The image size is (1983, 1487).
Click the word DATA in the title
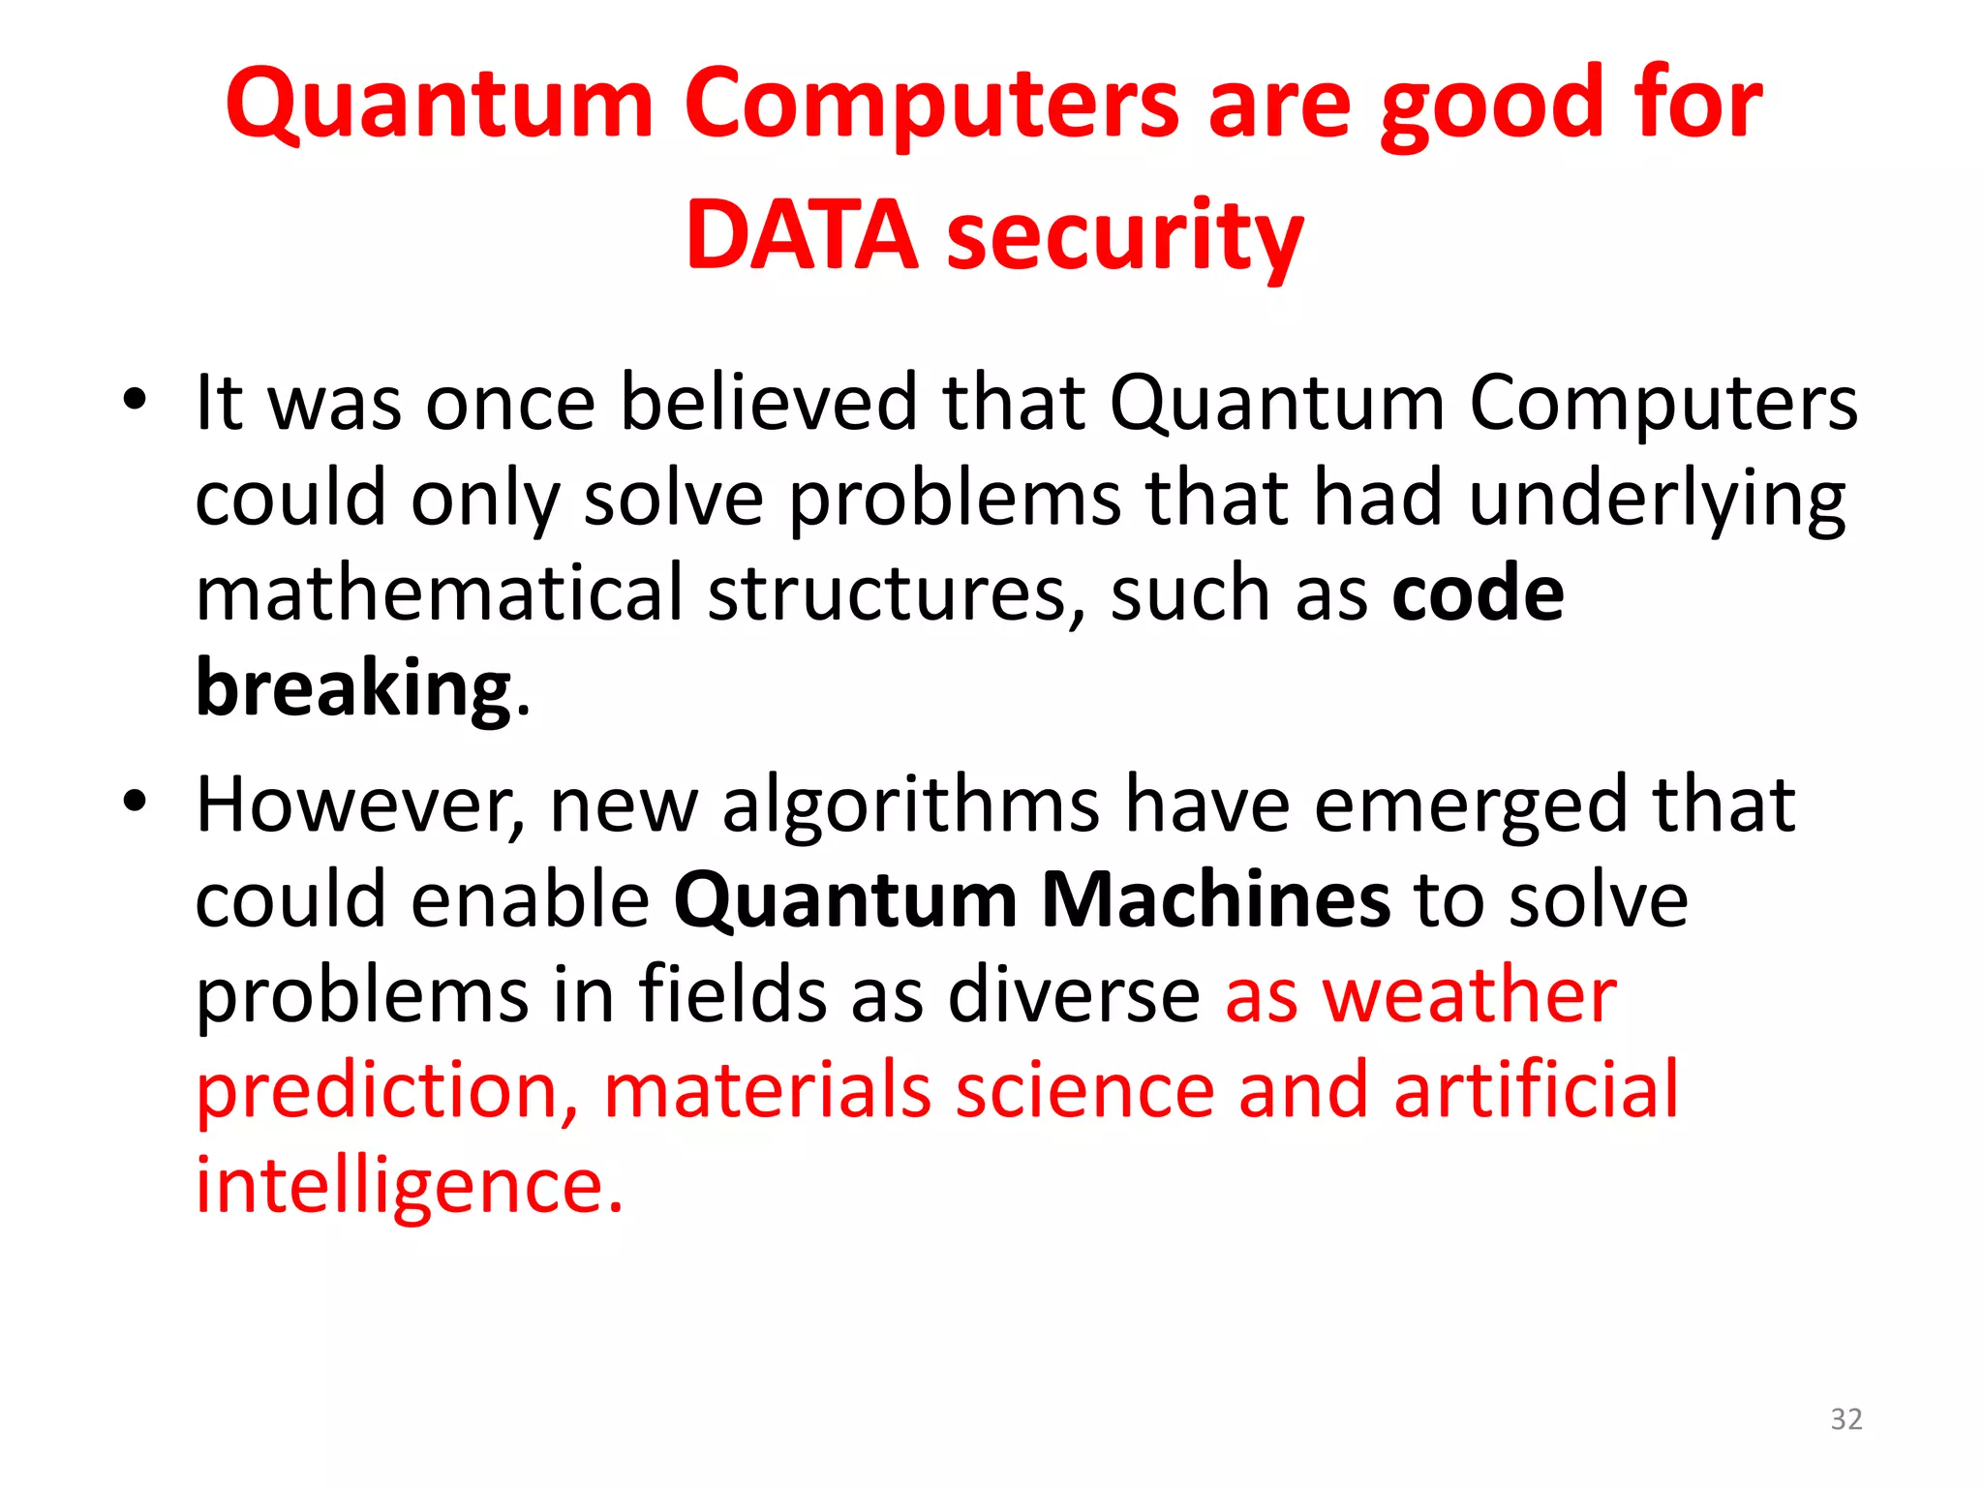pyautogui.click(x=801, y=235)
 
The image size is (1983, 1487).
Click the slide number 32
pyautogui.click(x=1846, y=1419)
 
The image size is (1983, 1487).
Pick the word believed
pyautogui.click(x=768, y=402)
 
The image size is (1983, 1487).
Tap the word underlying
pyautogui.click(x=1657, y=501)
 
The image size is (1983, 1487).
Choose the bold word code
pyautogui.click(x=1477, y=592)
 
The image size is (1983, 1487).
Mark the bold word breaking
pyautogui.click(x=353, y=688)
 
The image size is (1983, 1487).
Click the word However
pyautogui.click(x=360, y=804)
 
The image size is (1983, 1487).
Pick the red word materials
pyautogui.click(x=768, y=1090)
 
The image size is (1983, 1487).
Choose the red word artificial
pyautogui.click(x=1536, y=1090)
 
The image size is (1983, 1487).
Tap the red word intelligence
pyautogui.click(x=409, y=1187)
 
